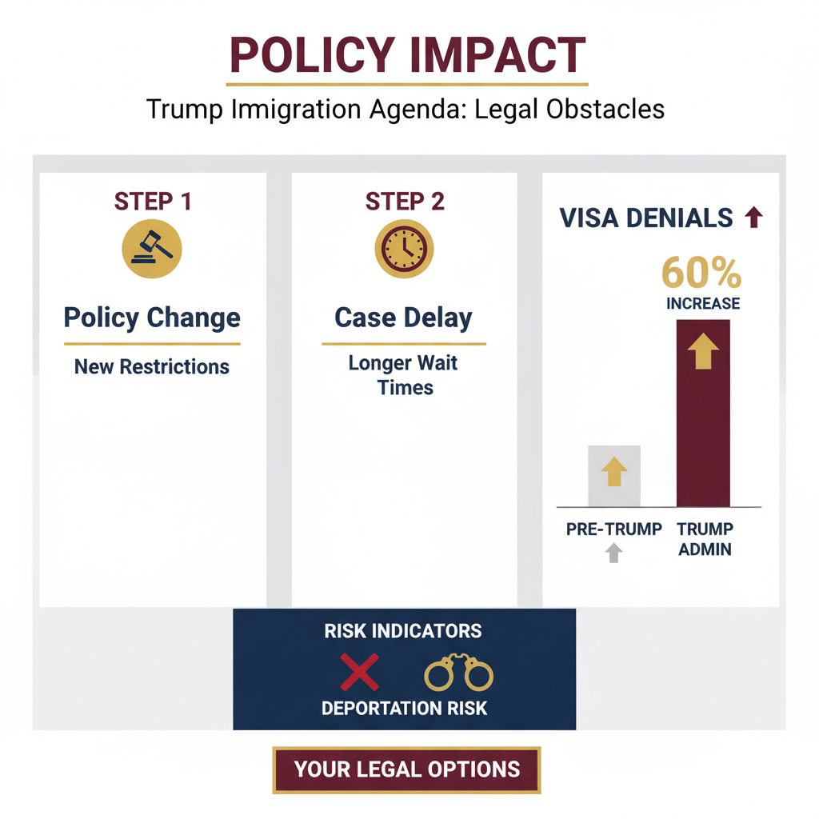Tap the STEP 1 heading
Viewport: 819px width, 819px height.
153,201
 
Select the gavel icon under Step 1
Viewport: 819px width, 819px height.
152,248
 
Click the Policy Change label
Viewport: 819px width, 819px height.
152,318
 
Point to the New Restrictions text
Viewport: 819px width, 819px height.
152,367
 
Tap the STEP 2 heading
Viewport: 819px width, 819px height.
404,201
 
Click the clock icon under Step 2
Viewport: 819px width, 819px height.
404,249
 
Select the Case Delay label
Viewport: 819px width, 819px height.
403,318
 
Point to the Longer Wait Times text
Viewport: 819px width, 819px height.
403,375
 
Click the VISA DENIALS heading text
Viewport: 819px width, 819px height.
646,218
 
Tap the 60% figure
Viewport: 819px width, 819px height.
701,274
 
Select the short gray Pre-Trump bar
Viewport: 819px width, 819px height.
613,476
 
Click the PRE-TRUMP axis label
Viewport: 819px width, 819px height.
613,529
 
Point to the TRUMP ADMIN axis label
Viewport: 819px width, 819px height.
704,539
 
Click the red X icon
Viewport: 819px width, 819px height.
360,672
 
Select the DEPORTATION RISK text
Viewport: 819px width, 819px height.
404,708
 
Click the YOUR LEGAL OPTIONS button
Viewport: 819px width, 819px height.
406,769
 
